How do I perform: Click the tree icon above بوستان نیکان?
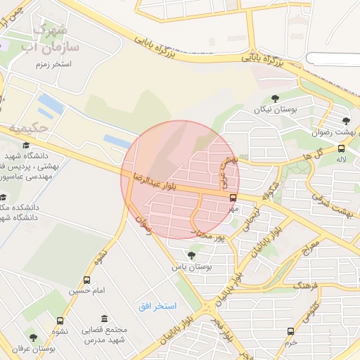[x=274, y=98]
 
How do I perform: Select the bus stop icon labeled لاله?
[x=341, y=148]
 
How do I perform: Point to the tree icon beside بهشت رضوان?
[x=345, y=120]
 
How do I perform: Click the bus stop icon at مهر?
[x=233, y=198]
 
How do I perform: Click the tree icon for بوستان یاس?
[x=191, y=255]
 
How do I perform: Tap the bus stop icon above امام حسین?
[x=86, y=280]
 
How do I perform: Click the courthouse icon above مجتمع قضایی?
[x=104, y=319]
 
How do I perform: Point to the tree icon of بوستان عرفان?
[x=33, y=337]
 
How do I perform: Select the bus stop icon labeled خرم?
[x=290, y=331]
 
